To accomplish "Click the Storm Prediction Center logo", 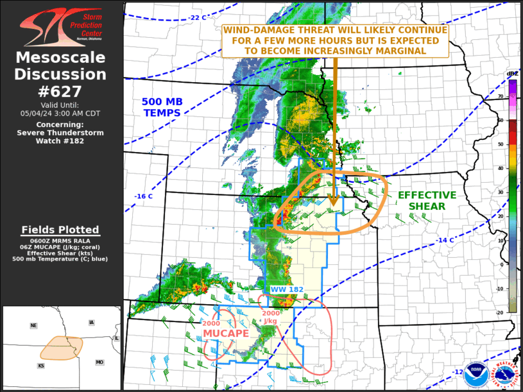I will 61,26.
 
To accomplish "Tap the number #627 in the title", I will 61,90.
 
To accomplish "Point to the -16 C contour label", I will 143,196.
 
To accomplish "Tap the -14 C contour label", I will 445,240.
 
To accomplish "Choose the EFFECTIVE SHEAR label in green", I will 427,200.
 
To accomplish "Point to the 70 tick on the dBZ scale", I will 518,97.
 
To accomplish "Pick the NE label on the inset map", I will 33,326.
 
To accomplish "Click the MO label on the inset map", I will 99,362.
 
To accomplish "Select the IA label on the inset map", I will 90,323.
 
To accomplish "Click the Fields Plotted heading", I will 60,230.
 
